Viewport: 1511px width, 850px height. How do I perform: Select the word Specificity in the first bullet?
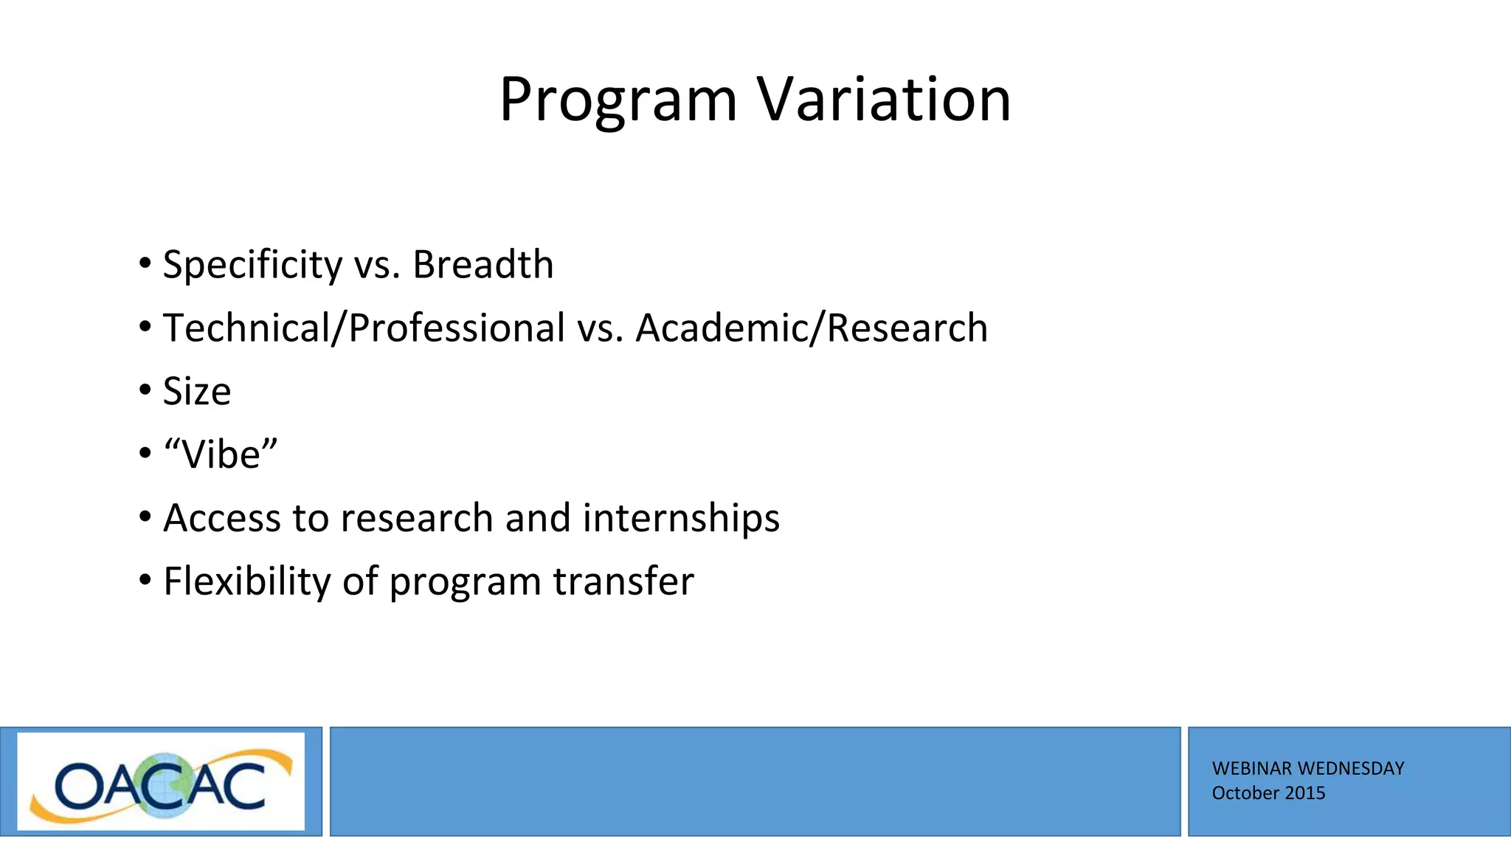[252, 265]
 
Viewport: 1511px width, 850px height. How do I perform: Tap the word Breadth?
[483, 265]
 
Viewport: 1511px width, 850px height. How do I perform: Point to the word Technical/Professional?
[364, 328]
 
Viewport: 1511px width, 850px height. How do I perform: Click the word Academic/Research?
[811, 328]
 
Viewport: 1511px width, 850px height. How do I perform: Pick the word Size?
[196, 392]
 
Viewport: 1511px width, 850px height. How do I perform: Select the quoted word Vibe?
[221, 455]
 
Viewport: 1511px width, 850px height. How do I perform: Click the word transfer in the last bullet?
[623, 581]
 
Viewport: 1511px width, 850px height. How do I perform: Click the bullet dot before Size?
[145, 390]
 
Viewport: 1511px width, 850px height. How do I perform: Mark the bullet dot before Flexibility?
[145, 580]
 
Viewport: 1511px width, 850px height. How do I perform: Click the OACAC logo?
[161, 782]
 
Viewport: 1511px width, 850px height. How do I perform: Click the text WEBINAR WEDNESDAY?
[1307, 769]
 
